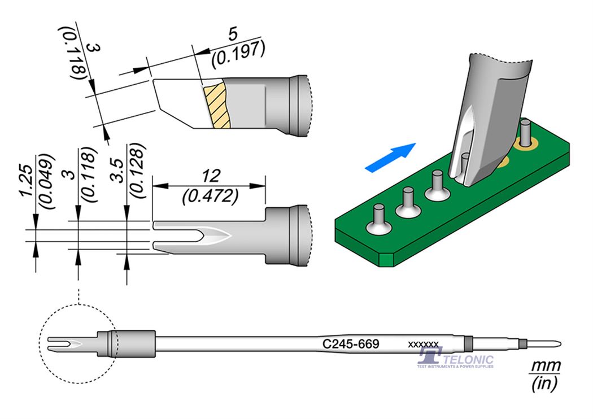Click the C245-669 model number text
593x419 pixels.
[350, 343]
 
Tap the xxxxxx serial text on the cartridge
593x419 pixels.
[423, 344]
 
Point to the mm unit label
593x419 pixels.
[544, 366]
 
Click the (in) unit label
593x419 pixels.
[544, 385]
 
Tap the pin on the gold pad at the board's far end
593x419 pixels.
[525, 133]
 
